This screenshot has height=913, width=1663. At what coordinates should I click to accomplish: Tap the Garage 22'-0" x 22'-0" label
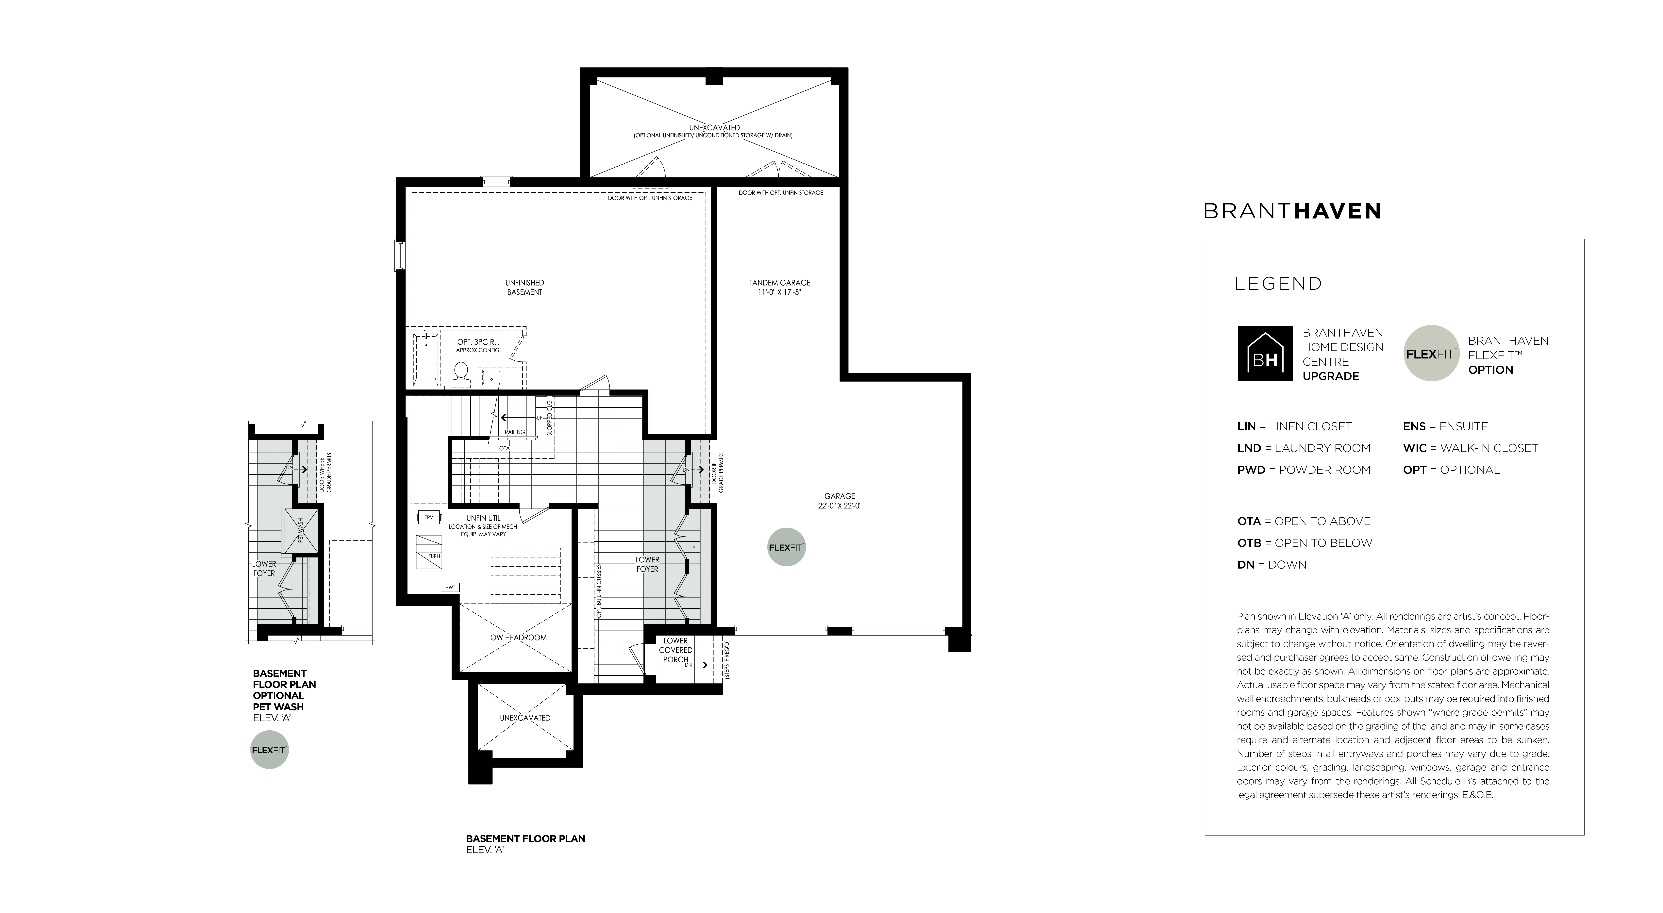tap(839, 501)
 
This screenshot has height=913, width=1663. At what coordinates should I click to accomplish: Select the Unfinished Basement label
tap(524, 287)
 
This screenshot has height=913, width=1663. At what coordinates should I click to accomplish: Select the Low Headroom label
tap(516, 637)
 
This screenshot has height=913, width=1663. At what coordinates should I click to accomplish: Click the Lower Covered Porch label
tap(675, 650)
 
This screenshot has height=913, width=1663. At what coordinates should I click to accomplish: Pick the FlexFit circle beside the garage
tap(786, 547)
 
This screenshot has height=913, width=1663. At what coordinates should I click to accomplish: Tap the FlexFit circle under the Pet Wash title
tap(269, 750)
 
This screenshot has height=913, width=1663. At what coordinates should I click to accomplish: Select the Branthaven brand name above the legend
tap(1292, 211)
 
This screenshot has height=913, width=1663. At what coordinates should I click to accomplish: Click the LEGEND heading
tap(1278, 283)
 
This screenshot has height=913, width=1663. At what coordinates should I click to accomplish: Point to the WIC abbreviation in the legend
tap(1414, 448)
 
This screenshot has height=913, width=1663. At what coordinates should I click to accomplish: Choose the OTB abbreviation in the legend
tap(1249, 543)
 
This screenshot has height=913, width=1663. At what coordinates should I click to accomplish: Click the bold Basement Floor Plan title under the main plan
tap(525, 839)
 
